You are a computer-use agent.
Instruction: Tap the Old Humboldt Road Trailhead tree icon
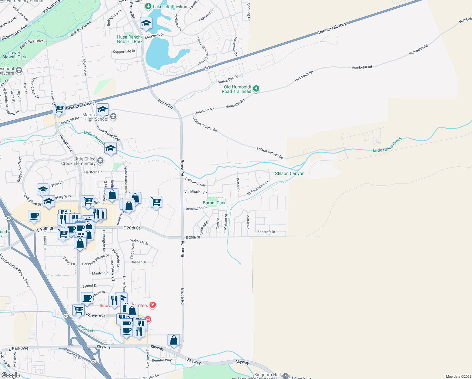(x=256, y=89)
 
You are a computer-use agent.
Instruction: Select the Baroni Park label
(x=214, y=203)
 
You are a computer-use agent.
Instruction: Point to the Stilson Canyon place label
(x=290, y=173)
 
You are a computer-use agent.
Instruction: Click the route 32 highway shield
(x=207, y=68)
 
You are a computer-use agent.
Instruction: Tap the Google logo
(x=10, y=375)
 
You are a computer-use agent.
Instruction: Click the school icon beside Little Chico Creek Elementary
(x=100, y=161)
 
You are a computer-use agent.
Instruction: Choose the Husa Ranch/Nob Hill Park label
(x=130, y=39)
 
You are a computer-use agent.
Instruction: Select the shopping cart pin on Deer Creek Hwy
(x=59, y=109)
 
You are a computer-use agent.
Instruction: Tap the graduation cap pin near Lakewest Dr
(x=146, y=23)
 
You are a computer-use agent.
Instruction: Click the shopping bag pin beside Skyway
(x=174, y=340)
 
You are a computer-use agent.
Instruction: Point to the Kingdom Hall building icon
(x=286, y=376)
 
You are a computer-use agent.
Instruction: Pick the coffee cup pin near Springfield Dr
(x=34, y=216)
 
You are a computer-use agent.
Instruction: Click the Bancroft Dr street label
(x=266, y=232)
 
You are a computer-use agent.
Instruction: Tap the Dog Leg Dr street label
(x=249, y=12)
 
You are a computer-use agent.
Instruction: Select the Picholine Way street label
(x=195, y=182)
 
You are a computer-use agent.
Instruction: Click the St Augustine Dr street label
(x=258, y=188)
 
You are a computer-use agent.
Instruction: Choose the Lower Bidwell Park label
(x=14, y=55)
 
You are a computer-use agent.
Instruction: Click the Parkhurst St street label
(x=139, y=242)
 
